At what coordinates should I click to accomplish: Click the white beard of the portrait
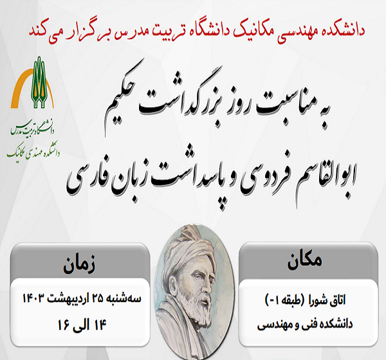193,321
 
